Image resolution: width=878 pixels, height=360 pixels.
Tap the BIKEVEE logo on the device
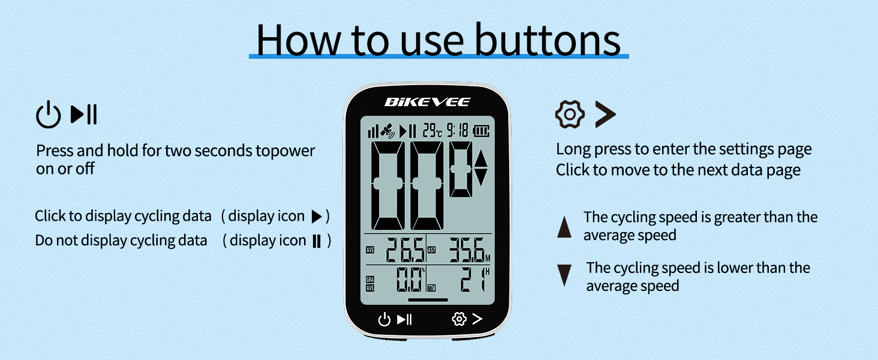tap(427, 102)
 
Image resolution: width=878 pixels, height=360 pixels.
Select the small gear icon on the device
tap(459, 319)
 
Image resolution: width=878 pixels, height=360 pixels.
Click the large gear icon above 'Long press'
tap(569, 114)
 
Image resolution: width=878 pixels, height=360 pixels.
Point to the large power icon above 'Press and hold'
tap(49, 115)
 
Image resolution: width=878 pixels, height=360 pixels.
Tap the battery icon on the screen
tap(482, 130)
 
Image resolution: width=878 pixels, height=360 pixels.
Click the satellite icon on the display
tap(389, 130)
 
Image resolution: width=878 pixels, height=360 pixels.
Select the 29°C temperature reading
tap(432, 130)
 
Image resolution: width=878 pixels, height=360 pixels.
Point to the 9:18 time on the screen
tap(458, 130)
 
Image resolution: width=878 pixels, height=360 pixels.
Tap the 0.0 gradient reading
tap(409, 280)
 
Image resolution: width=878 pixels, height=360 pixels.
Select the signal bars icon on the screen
tap(373, 131)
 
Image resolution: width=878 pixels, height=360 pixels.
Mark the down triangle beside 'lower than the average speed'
tap(564, 275)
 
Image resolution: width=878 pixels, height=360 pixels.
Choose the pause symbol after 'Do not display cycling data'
tap(317, 241)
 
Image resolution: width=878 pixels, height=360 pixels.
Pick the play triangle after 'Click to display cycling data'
tap(317, 217)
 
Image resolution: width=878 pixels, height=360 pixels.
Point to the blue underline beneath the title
tap(438, 56)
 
